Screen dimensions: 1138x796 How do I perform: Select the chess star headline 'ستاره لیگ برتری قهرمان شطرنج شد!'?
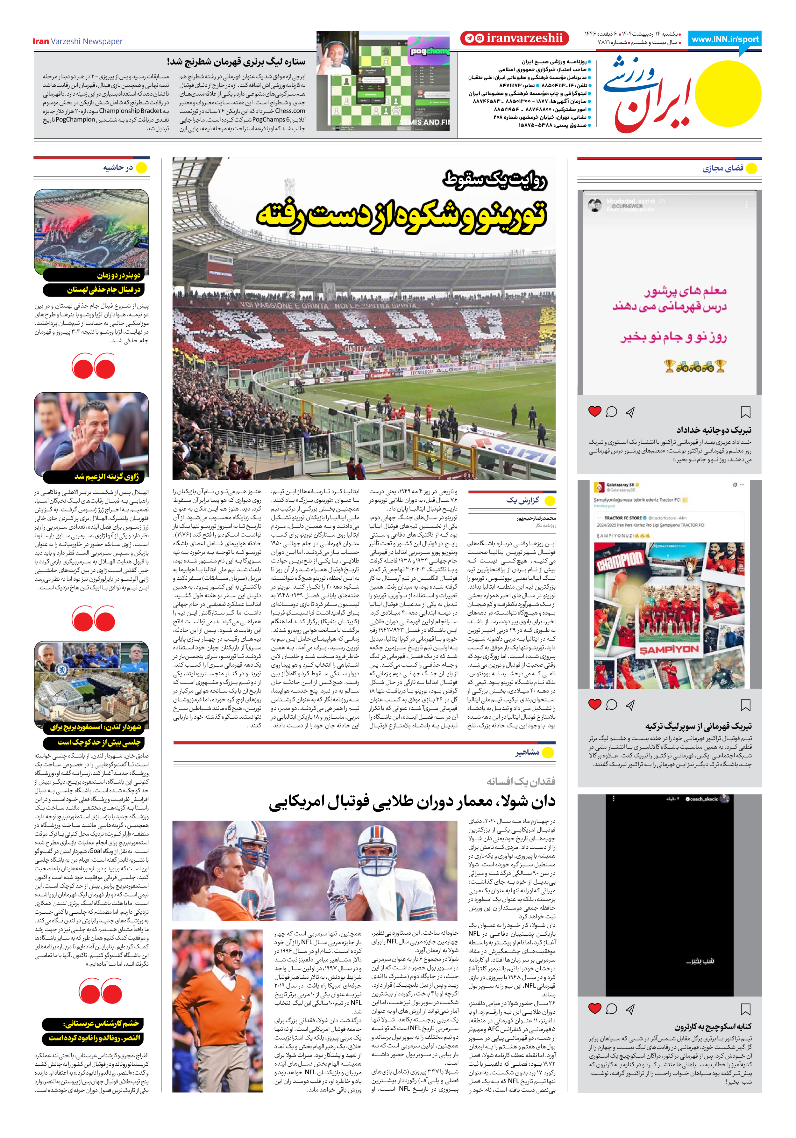[x=236, y=62]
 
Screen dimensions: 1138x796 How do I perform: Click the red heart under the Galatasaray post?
[x=594, y=704]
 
